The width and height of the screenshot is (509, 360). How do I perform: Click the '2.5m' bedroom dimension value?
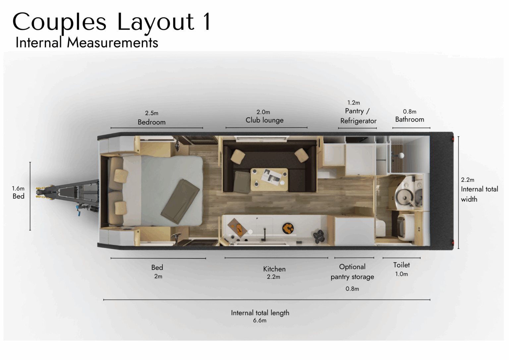click(151, 113)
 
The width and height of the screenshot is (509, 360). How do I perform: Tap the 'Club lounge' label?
click(264, 120)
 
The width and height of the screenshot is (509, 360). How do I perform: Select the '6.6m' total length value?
click(260, 321)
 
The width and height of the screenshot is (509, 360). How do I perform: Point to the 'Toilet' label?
click(402, 265)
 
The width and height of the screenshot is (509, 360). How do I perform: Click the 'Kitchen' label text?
click(274, 269)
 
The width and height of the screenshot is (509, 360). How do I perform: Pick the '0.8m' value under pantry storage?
click(352, 289)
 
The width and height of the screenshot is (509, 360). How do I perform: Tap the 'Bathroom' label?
click(410, 120)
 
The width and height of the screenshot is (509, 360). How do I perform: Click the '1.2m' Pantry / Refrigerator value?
click(354, 103)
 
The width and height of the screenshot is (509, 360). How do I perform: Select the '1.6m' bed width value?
click(18, 188)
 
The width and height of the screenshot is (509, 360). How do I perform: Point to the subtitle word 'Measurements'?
click(112, 43)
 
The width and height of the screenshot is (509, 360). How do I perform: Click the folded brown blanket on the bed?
click(180, 201)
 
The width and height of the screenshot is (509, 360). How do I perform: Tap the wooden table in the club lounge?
click(269, 180)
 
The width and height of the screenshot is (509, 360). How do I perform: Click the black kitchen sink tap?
click(264, 234)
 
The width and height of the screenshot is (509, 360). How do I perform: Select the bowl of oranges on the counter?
click(288, 228)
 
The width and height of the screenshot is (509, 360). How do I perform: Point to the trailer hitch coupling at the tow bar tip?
click(43, 193)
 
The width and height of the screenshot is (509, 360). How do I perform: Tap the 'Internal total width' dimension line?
click(458, 193)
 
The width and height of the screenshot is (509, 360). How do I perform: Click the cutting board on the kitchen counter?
click(238, 228)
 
